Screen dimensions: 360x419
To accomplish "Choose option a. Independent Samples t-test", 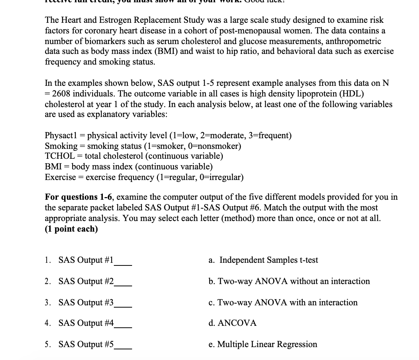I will pos(263,260).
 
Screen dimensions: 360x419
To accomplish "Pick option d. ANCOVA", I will pos(232,323).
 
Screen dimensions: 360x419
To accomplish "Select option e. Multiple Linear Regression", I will pos(263,344).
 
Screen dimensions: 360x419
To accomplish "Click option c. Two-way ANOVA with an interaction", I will pos(283,303).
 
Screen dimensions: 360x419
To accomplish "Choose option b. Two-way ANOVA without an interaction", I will pos(289,281).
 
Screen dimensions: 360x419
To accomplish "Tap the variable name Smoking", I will pos(61,146).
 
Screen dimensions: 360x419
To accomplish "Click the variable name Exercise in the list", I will pos(60,177).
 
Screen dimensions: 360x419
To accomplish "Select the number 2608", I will pos(64,94).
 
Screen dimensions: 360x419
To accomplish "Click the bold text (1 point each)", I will pos(71,229).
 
